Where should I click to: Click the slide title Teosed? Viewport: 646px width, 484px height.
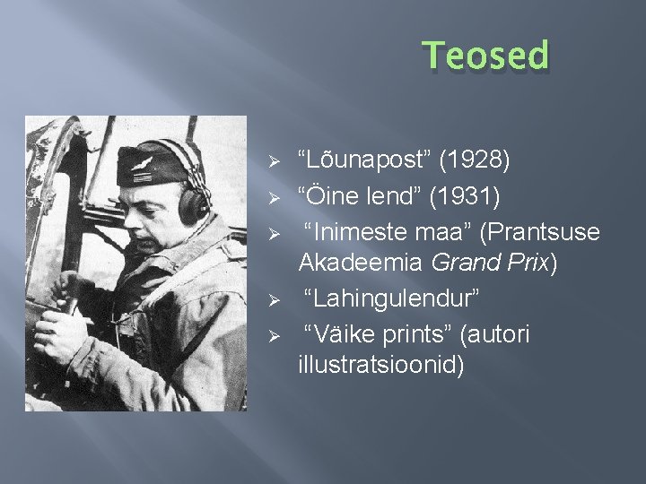coord(485,56)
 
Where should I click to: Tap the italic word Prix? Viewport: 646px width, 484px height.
coord(531,264)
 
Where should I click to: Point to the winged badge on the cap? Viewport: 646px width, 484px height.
coord(144,163)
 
